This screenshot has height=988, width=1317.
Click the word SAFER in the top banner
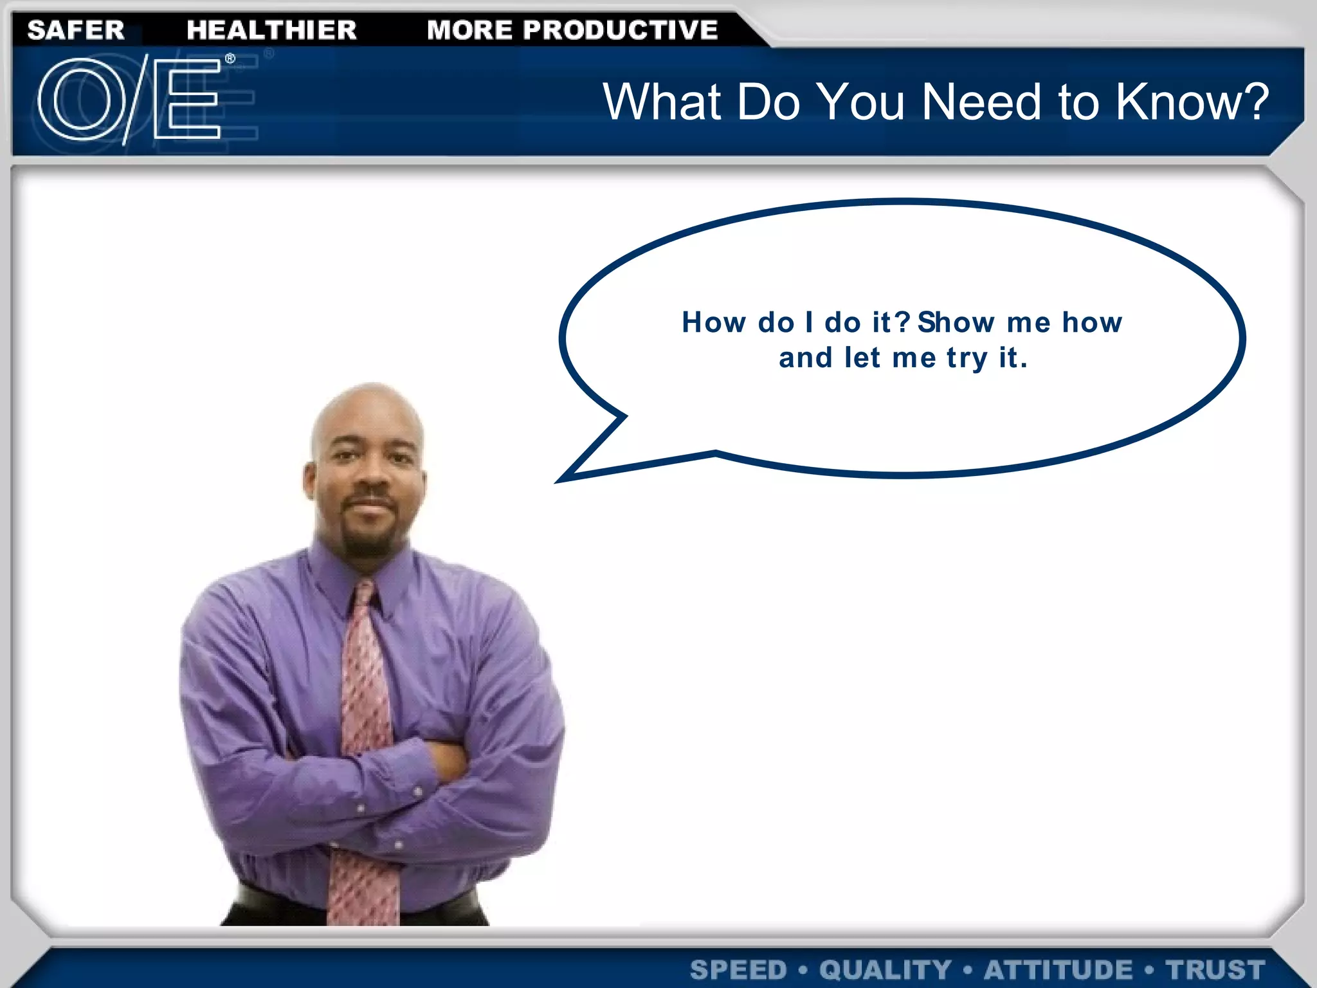[x=76, y=30]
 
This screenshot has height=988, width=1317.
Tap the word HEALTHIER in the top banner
[x=271, y=30]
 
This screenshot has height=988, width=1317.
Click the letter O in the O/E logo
[x=82, y=100]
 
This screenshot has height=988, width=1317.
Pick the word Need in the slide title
[x=981, y=102]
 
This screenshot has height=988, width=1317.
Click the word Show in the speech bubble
[x=956, y=322]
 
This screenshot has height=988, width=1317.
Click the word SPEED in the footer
[x=738, y=969]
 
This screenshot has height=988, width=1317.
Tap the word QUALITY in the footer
[x=885, y=969]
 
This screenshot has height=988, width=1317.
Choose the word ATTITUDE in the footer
[x=1058, y=969]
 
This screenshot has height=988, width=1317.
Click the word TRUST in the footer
[x=1215, y=969]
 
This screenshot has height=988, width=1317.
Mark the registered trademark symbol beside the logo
[x=230, y=59]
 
